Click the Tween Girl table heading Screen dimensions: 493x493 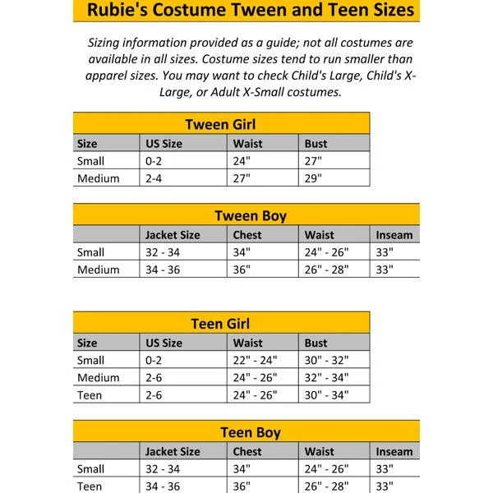(221, 125)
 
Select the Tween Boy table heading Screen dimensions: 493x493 (250, 216)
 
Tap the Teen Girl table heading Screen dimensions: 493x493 (220, 324)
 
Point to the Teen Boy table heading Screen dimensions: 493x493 (250, 432)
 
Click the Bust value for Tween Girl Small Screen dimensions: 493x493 (313, 161)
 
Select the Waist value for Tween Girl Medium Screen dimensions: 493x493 (242, 178)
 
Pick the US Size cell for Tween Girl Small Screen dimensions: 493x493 (154, 161)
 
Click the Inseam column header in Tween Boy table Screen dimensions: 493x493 (394, 235)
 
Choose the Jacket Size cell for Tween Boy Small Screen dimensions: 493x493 (163, 252)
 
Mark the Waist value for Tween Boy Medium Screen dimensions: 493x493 (326, 270)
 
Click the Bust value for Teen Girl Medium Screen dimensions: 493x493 (326, 377)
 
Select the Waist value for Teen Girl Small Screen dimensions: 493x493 (255, 360)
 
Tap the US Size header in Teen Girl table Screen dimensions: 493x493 (164, 343)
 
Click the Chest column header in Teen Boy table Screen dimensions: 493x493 (247, 451)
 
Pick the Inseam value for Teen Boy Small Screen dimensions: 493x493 (385, 468)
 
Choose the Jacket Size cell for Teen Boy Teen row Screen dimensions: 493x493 (163, 486)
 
